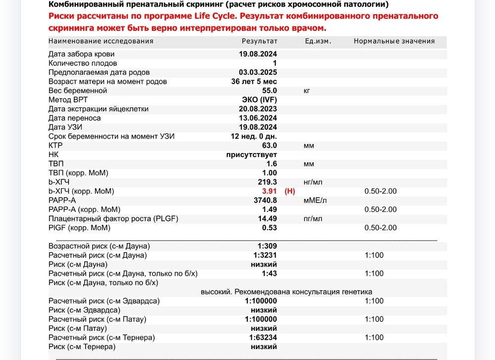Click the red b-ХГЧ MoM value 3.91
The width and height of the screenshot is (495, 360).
click(269, 191)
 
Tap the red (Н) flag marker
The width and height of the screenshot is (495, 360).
click(290, 191)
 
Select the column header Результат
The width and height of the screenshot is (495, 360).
click(259, 41)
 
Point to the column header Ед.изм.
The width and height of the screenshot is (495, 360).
click(318, 41)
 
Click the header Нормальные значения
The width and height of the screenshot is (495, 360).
click(394, 41)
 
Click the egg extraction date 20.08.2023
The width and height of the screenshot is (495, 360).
click(258, 109)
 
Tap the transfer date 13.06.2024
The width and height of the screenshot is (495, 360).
click(258, 118)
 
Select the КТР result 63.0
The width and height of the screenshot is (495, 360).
click(269, 146)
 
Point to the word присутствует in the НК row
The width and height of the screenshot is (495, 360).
click(251, 154)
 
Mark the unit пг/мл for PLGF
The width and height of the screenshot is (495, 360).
click(313, 219)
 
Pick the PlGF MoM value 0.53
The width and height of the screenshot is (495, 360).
click(269, 228)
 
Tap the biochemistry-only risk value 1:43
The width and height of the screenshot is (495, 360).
click(269, 273)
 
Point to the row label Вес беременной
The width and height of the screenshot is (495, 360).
click(78, 91)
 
